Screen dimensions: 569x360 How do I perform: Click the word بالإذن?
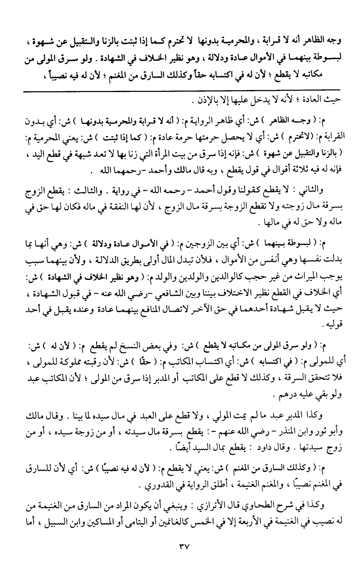pyautogui.click(x=200, y=101)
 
